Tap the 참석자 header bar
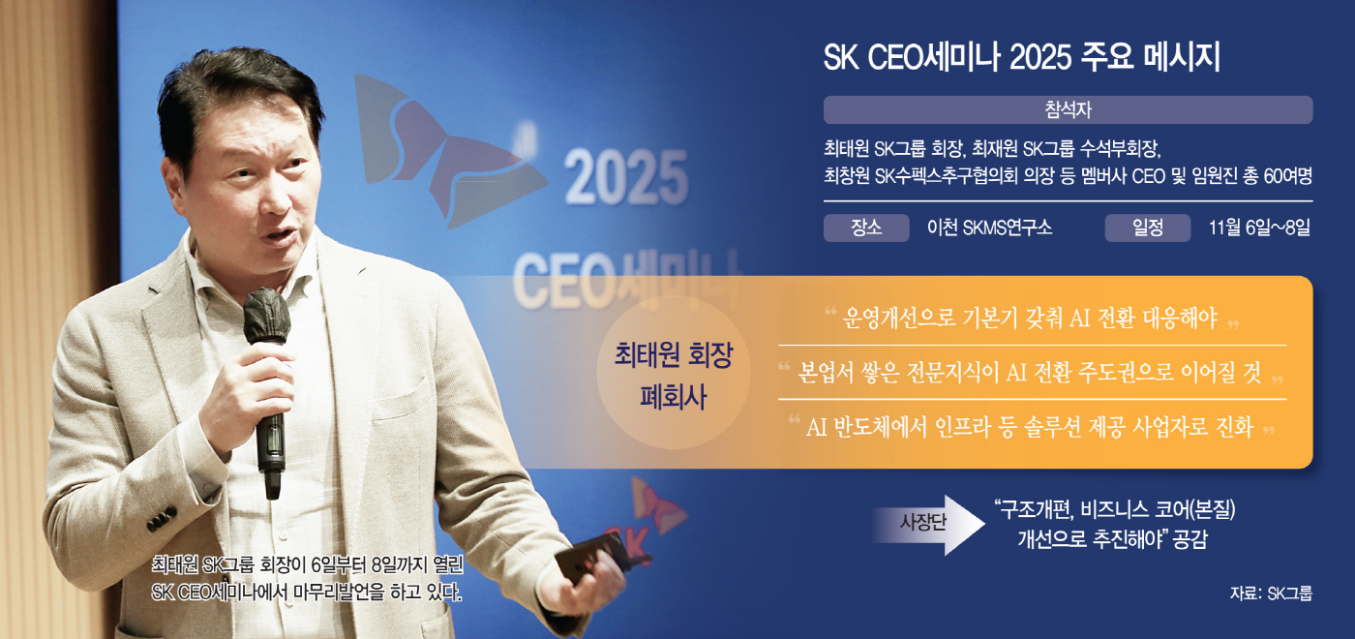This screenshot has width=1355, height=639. click(x=1068, y=109)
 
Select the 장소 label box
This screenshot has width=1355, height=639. click(x=866, y=228)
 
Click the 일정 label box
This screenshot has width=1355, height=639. click(x=1148, y=228)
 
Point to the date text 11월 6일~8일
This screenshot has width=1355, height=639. click(x=1259, y=228)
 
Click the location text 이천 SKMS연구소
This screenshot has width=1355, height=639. click(x=989, y=228)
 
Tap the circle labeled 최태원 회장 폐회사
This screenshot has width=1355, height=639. click(x=674, y=373)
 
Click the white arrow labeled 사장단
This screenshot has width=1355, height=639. click(x=928, y=525)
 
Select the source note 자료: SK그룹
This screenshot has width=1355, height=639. click(x=1271, y=593)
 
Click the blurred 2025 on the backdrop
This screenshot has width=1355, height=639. click(x=626, y=178)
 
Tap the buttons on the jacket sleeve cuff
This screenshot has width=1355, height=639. click(x=162, y=519)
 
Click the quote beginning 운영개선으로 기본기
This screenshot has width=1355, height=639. click(x=1031, y=318)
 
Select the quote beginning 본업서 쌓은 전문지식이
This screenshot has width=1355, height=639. click(x=1030, y=372)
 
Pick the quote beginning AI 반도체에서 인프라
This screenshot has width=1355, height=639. click(x=1030, y=427)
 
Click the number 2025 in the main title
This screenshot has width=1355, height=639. click(x=1041, y=57)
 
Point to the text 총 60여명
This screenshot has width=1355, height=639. click(x=1276, y=176)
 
